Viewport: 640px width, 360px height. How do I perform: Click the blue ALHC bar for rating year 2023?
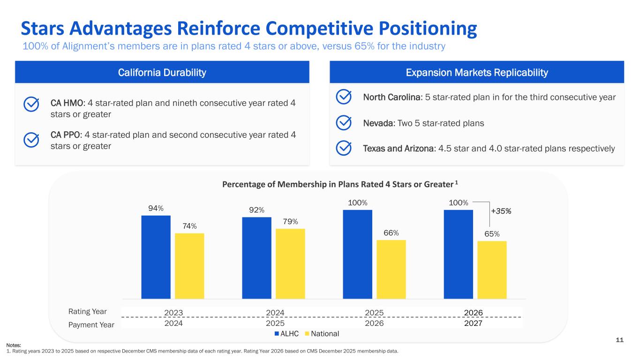(x=156, y=257)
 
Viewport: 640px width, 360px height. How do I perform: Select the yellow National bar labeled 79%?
(x=290, y=263)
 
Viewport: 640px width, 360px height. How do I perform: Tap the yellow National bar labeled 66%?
(x=391, y=269)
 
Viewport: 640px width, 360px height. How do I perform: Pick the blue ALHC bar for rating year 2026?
(x=458, y=254)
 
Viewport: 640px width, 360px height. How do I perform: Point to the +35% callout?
(x=501, y=211)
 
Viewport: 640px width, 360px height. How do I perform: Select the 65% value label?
(x=492, y=234)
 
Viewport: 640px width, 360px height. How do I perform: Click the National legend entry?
(x=322, y=334)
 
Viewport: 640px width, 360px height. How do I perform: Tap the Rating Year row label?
(x=88, y=312)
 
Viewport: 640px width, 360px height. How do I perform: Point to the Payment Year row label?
(x=91, y=324)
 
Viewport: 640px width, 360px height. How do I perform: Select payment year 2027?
(x=473, y=323)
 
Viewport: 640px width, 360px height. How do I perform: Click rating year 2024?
(x=275, y=313)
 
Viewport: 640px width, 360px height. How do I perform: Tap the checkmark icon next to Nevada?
(x=344, y=123)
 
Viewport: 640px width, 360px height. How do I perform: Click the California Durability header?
(x=162, y=73)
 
